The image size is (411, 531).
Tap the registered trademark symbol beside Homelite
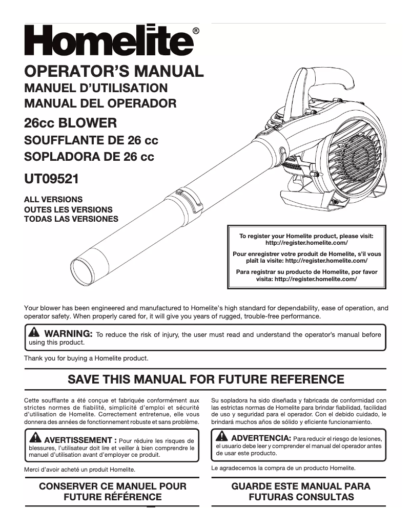(x=196, y=31)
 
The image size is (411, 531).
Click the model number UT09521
(x=51, y=179)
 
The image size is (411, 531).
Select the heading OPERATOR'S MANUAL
(x=114, y=71)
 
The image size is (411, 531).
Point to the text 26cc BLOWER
(x=71, y=123)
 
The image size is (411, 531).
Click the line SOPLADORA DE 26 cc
(x=89, y=156)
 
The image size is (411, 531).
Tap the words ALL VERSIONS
(x=53, y=199)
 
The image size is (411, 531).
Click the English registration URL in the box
(x=306, y=243)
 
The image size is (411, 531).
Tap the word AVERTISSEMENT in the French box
(x=77, y=440)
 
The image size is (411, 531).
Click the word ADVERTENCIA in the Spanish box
(x=261, y=438)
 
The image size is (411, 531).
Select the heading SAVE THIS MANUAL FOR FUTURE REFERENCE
(x=205, y=379)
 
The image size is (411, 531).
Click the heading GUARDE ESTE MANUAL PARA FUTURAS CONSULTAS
(x=300, y=491)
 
